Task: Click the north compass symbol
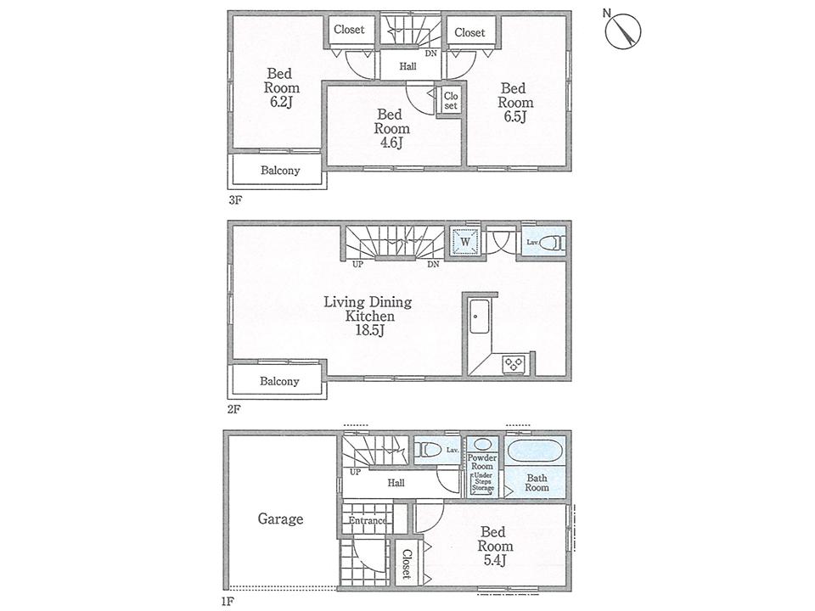625,31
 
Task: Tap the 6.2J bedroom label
281,88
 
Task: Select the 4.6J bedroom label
393,128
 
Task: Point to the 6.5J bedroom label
512,102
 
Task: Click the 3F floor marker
234,201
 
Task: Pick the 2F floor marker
234,407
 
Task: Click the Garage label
280,519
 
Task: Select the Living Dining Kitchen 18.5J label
367,315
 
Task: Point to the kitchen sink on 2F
476,320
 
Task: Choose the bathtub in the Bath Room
537,450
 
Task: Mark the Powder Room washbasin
483,445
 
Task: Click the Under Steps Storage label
483,482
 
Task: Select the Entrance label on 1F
367,520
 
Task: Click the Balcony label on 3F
279,170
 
